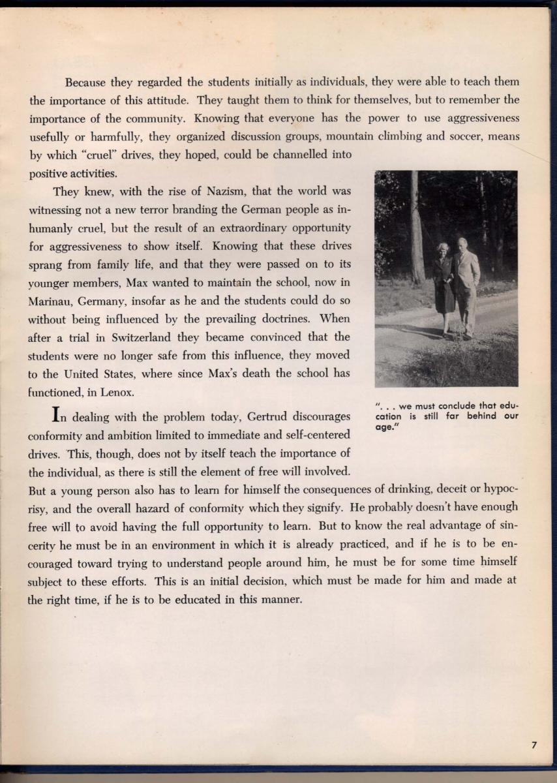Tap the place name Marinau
[x=54, y=302]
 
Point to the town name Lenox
[x=118, y=392]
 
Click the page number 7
[x=534, y=745]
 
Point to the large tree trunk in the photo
[x=416, y=228]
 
